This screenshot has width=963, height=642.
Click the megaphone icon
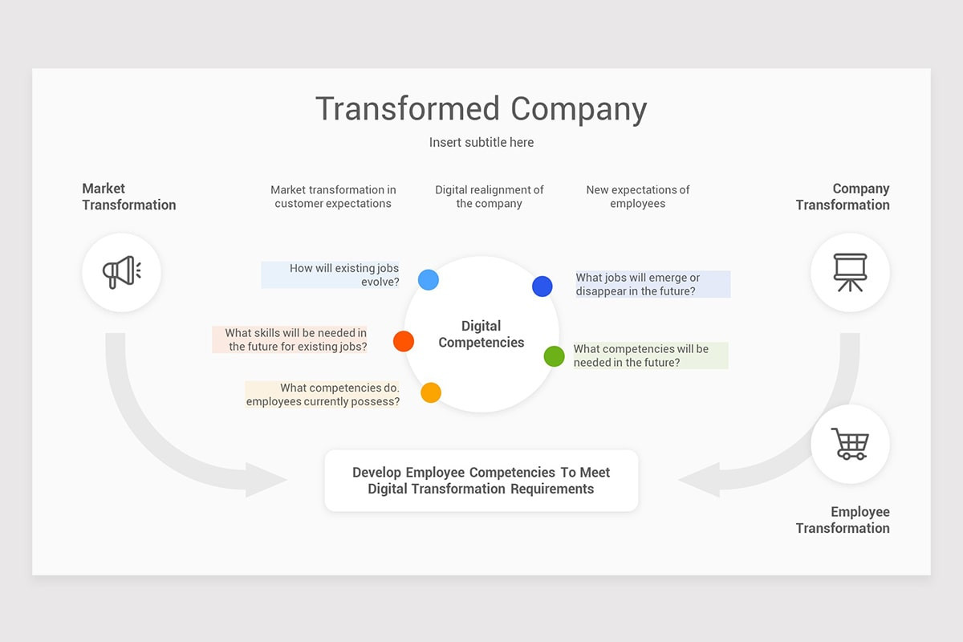(x=121, y=273)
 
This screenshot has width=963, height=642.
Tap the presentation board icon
(x=850, y=273)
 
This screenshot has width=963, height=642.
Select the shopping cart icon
(x=850, y=444)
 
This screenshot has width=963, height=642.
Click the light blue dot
(x=429, y=279)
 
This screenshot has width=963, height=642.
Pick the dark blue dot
(x=542, y=286)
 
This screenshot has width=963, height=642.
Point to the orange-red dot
(x=404, y=341)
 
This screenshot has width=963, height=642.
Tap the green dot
(x=554, y=356)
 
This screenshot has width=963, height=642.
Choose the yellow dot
(x=431, y=392)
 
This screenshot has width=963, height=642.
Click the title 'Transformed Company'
(x=481, y=109)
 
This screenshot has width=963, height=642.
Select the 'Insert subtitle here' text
(x=481, y=142)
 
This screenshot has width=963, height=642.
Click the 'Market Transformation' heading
(x=128, y=197)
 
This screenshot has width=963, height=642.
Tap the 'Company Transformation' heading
(x=843, y=197)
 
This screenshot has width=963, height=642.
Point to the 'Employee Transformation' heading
(x=843, y=520)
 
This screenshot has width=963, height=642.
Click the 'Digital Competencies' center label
(x=481, y=334)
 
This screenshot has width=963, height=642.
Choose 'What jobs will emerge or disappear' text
(x=637, y=284)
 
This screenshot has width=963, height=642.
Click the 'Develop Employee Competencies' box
(x=481, y=480)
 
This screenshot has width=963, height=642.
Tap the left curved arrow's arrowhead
(x=265, y=480)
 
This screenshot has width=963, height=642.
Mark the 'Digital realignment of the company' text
(x=490, y=197)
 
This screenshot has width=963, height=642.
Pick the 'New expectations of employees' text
(x=638, y=197)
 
